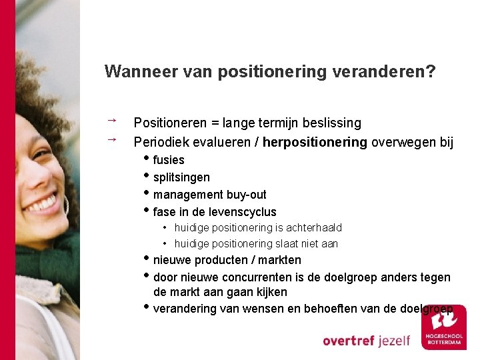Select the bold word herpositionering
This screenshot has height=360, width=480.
tap(315, 142)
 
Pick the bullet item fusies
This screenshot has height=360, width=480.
tap(168, 160)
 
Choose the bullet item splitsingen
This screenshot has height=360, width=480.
tap(181, 177)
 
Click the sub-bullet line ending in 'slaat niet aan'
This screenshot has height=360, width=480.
tap(256, 244)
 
